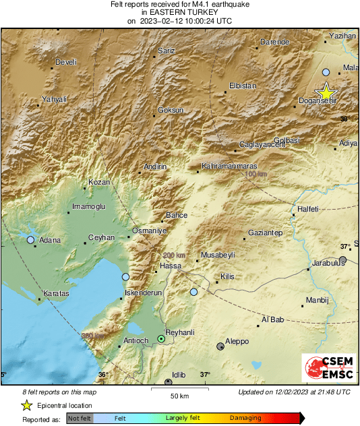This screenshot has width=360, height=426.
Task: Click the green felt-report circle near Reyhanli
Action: point(160,338)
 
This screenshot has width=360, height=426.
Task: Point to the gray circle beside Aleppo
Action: point(220,346)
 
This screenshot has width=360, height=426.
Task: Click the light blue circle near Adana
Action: point(30,239)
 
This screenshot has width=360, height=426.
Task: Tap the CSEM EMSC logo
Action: point(326,370)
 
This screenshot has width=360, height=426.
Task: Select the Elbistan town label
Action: point(244,86)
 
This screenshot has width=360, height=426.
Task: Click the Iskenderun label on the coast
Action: point(144,293)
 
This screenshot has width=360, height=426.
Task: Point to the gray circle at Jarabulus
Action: point(343,260)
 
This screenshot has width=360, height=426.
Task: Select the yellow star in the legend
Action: point(26,405)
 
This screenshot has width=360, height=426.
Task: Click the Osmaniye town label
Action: point(149,231)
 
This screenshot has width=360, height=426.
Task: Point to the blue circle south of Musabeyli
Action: point(193,292)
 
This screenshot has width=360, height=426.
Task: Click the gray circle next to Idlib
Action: point(169,382)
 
